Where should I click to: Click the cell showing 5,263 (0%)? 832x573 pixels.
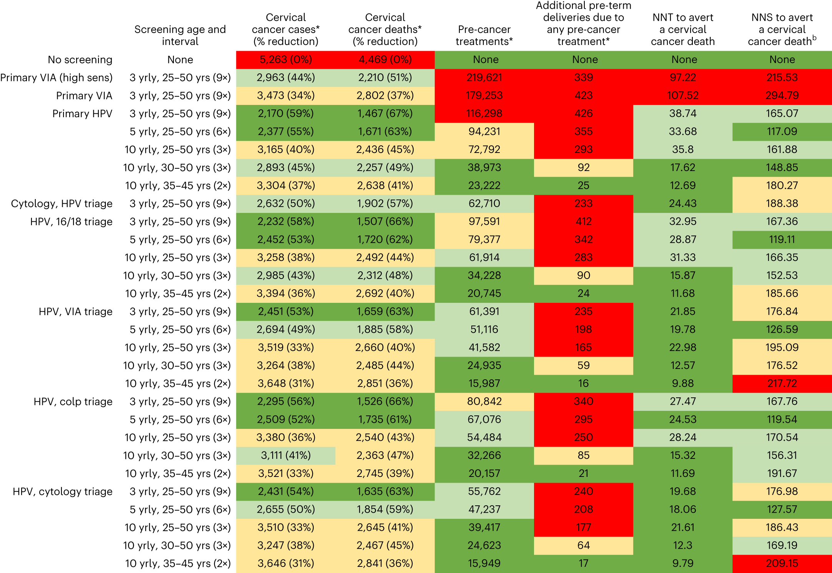(286, 60)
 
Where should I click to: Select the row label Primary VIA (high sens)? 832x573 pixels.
(57, 78)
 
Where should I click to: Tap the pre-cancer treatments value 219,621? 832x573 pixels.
(484, 78)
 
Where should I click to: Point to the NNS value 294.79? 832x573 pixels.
(782, 95)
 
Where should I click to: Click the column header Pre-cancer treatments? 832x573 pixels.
(484, 35)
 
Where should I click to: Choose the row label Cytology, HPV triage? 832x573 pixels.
(62, 203)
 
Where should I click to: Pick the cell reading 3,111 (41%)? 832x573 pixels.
(286, 455)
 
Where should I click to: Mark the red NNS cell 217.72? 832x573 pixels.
(782, 383)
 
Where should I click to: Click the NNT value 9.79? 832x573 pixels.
(682, 563)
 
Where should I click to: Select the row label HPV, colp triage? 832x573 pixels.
(73, 402)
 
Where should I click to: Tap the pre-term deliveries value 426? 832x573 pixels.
(583, 113)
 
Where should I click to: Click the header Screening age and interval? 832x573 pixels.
(180, 35)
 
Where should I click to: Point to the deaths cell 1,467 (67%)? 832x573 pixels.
(385, 113)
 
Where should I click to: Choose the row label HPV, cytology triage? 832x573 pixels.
(63, 492)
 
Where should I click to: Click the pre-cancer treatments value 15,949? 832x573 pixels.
(484, 563)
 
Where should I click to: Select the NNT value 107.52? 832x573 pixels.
(682, 95)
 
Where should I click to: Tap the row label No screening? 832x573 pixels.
(80, 60)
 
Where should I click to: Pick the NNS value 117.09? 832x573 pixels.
(782, 131)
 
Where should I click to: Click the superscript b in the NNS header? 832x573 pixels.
(814, 38)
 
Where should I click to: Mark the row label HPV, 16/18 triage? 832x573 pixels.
(72, 221)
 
